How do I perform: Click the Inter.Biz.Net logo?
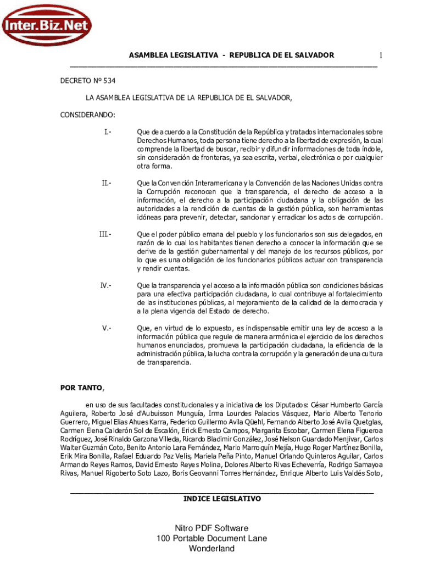pos(46,24)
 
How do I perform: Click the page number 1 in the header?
pos(380,56)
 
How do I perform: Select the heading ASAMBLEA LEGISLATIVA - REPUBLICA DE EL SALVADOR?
pos(231,56)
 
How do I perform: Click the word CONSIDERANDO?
pos(87,115)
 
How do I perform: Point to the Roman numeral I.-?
pos(107,132)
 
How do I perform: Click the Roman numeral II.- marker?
pos(105,183)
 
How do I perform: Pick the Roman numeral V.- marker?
pos(106,328)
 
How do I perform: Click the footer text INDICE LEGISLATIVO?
pos(222,499)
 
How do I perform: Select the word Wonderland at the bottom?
pos(211,549)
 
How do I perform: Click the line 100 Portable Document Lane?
pos(211,538)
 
